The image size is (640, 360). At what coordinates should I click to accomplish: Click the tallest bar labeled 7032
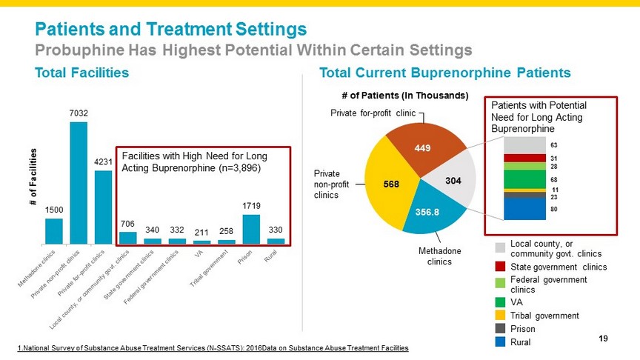(x=79, y=182)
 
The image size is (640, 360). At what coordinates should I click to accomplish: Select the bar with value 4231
(x=103, y=207)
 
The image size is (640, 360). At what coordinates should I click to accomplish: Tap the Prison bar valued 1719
(x=252, y=229)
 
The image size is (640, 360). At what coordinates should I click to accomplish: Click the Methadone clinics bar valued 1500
(x=54, y=230)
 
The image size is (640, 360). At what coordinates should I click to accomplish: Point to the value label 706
(x=128, y=224)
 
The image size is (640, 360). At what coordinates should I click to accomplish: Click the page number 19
(x=602, y=339)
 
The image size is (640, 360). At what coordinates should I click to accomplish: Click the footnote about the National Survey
(x=211, y=348)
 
